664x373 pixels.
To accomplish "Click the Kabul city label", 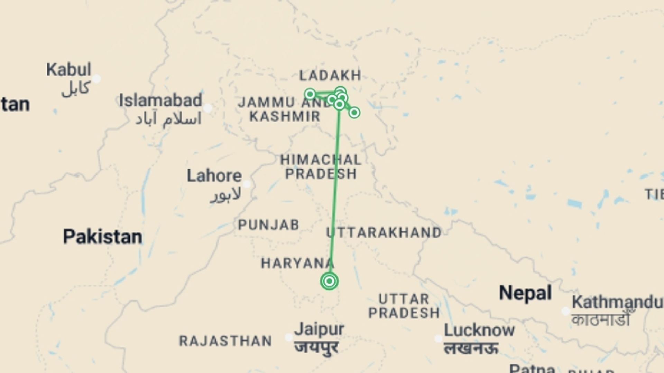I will (x=69, y=70).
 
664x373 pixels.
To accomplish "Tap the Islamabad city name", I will (x=160, y=101).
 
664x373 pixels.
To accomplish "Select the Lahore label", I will (x=214, y=176).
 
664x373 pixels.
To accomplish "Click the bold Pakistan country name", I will (x=102, y=237).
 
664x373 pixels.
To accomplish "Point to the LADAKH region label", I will (x=330, y=75).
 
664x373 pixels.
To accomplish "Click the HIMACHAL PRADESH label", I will (x=321, y=167).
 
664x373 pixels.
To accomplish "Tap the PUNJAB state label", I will (x=268, y=225).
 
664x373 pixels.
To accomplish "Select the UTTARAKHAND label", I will (x=384, y=232).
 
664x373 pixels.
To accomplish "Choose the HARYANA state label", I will (x=297, y=264).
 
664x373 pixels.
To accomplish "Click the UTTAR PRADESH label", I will (x=404, y=306).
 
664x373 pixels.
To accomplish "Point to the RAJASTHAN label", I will (x=225, y=341).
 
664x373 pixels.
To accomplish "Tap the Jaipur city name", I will (x=319, y=329).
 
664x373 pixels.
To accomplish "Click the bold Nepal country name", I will (x=525, y=293).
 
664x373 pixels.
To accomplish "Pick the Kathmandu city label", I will (x=617, y=302).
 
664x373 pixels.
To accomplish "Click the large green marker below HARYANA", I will (x=329, y=281).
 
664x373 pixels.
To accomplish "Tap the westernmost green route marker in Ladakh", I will (x=310, y=94).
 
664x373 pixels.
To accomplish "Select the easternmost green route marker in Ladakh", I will (x=354, y=113).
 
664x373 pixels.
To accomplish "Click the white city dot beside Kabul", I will (x=97, y=79).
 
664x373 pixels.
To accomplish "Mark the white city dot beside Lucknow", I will (x=439, y=338).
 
